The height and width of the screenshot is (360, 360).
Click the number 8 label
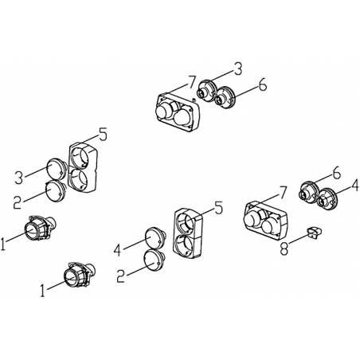[x=284, y=249]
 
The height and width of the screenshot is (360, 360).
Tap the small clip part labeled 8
[x=315, y=233]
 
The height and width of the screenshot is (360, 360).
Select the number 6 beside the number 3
[x=263, y=85]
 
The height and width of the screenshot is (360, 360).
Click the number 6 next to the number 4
[x=336, y=174]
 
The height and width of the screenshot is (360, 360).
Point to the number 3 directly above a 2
[x=18, y=178]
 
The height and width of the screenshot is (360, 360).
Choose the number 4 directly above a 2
[x=118, y=250]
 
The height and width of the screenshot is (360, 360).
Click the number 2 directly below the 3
[x=18, y=202]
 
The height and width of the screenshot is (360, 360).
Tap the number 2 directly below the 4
[x=121, y=276]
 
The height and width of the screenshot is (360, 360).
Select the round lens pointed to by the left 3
[x=55, y=169]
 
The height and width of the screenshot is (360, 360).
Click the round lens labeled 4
[x=155, y=237]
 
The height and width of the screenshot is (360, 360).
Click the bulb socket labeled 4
[x=327, y=199]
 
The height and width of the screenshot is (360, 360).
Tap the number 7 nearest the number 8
[x=283, y=193]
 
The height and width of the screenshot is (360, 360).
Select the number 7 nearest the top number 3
[x=192, y=82]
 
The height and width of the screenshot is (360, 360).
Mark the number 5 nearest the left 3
[x=103, y=135]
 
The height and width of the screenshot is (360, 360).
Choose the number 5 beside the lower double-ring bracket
[x=218, y=208]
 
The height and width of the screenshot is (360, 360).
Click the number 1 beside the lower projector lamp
[x=42, y=291]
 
